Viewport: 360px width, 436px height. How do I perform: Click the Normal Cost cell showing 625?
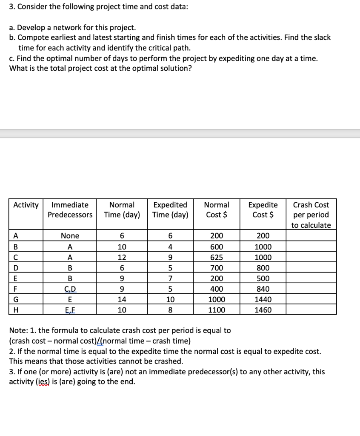pos(217,258)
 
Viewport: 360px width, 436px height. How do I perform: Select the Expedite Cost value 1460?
pos(263,310)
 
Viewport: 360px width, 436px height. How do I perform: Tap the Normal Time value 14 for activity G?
pos(122,299)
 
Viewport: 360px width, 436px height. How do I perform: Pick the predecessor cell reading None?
pos(70,236)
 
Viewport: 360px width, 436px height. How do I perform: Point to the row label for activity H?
pos(16,310)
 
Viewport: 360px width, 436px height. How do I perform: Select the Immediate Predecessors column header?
pos(70,210)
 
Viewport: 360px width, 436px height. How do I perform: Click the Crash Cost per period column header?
pos(311,215)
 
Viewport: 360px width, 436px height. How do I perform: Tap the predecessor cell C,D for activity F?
pos(70,289)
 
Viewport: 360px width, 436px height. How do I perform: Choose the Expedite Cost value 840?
pos(263,289)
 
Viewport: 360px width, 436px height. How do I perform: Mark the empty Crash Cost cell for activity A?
pos(311,236)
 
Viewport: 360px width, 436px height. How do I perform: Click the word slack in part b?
pos(314,37)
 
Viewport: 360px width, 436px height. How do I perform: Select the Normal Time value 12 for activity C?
pos(122,258)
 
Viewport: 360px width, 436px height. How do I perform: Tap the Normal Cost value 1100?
pos(217,310)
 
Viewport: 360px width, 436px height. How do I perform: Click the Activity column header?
pos(26,205)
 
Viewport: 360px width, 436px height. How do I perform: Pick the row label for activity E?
pos(16,278)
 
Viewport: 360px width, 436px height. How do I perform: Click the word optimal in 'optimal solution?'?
pos(146,69)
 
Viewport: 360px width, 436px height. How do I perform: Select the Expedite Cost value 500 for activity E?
pos(263,278)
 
